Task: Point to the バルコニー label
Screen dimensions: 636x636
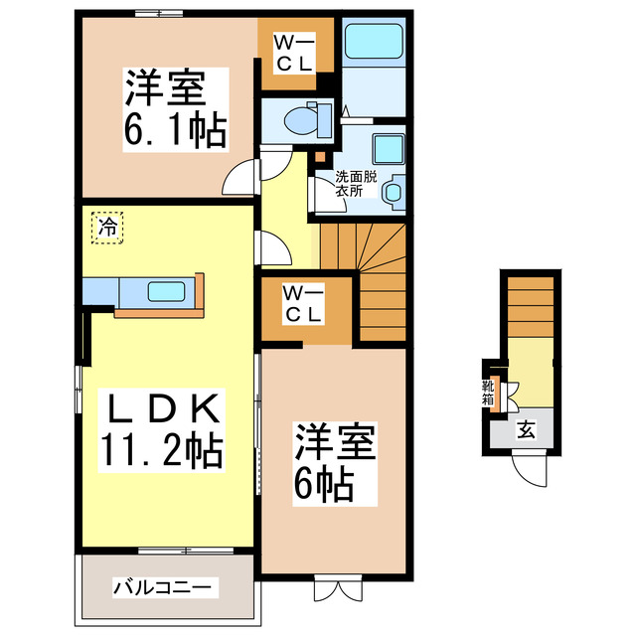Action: click(x=161, y=587)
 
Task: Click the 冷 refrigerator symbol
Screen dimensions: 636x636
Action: click(x=108, y=227)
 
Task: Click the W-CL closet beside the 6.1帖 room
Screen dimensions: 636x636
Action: click(x=294, y=53)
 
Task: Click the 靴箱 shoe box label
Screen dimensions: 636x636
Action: click(x=489, y=394)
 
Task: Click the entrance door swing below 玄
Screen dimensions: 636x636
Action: click(x=529, y=466)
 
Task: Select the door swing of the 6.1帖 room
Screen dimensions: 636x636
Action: click(x=239, y=180)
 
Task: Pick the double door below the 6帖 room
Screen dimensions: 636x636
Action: click(x=334, y=588)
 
